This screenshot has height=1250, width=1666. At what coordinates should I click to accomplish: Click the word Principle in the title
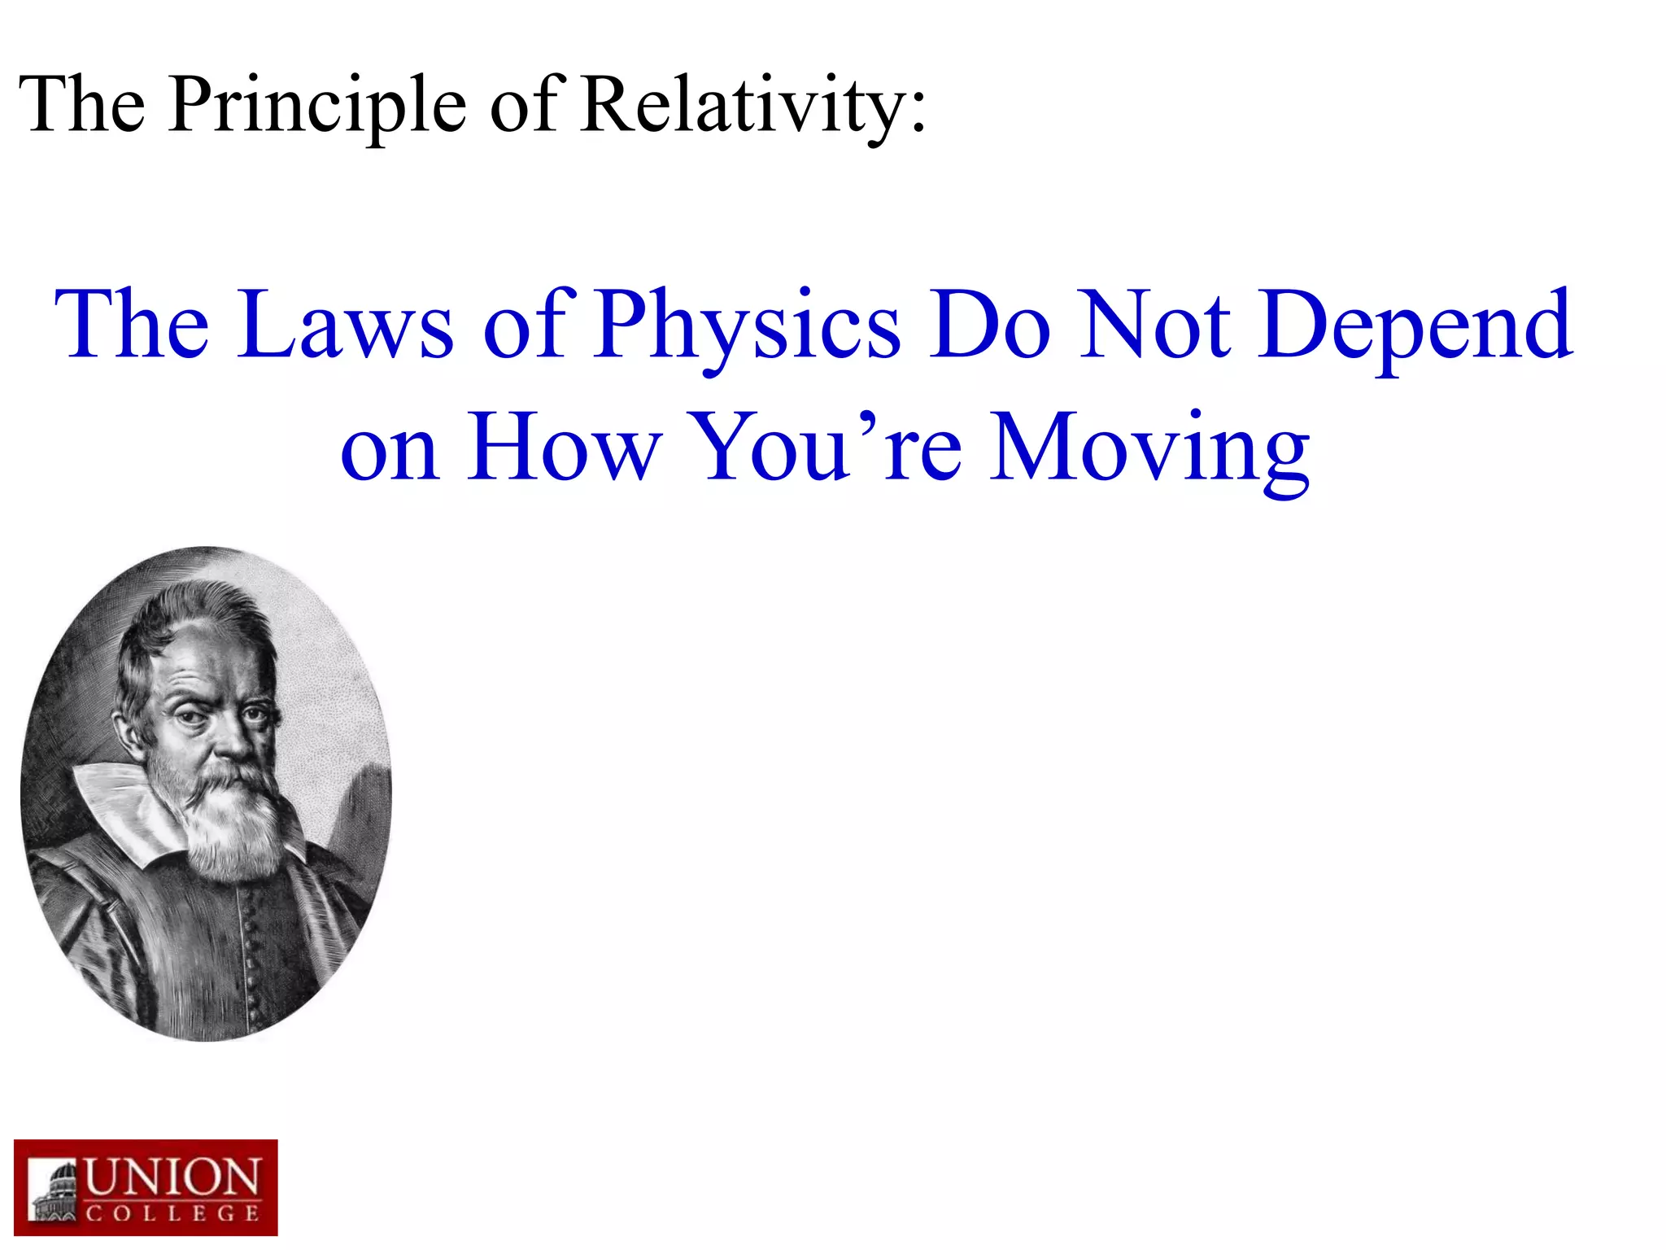(x=317, y=106)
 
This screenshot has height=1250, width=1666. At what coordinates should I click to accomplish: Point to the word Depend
(x=1415, y=326)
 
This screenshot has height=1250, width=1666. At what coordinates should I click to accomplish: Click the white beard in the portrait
(x=232, y=822)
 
